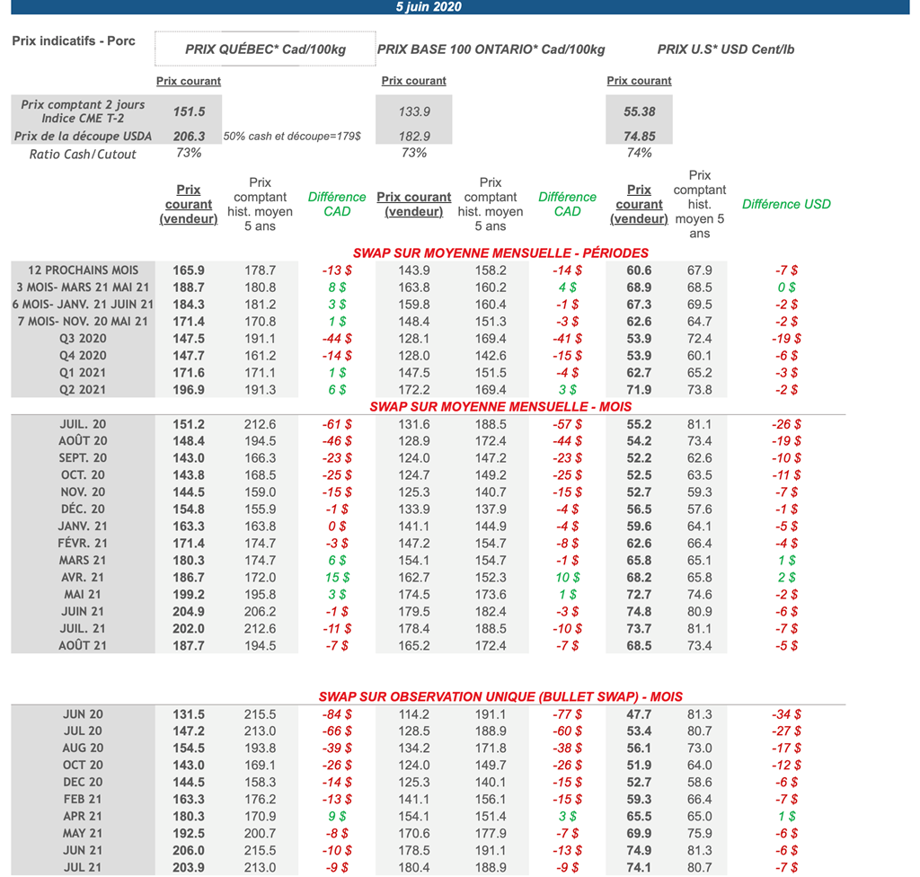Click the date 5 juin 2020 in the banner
click(429, 6)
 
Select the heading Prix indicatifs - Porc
click(74, 41)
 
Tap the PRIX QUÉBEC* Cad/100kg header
click(265, 49)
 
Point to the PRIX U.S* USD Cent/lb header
click(726, 49)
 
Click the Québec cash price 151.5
click(190, 111)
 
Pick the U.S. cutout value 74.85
click(639, 137)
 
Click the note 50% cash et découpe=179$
click(292, 137)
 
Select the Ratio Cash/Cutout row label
click(83, 154)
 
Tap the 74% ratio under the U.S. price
click(639, 153)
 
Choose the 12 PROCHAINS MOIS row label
click(84, 270)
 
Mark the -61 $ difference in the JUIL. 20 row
click(337, 424)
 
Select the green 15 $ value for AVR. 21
click(337, 578)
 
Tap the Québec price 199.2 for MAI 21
click(189, 595)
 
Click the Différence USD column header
click(786, 204)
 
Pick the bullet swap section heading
click(500, 696)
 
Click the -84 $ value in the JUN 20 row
click(337, 714)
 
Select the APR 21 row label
click(83, 817)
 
